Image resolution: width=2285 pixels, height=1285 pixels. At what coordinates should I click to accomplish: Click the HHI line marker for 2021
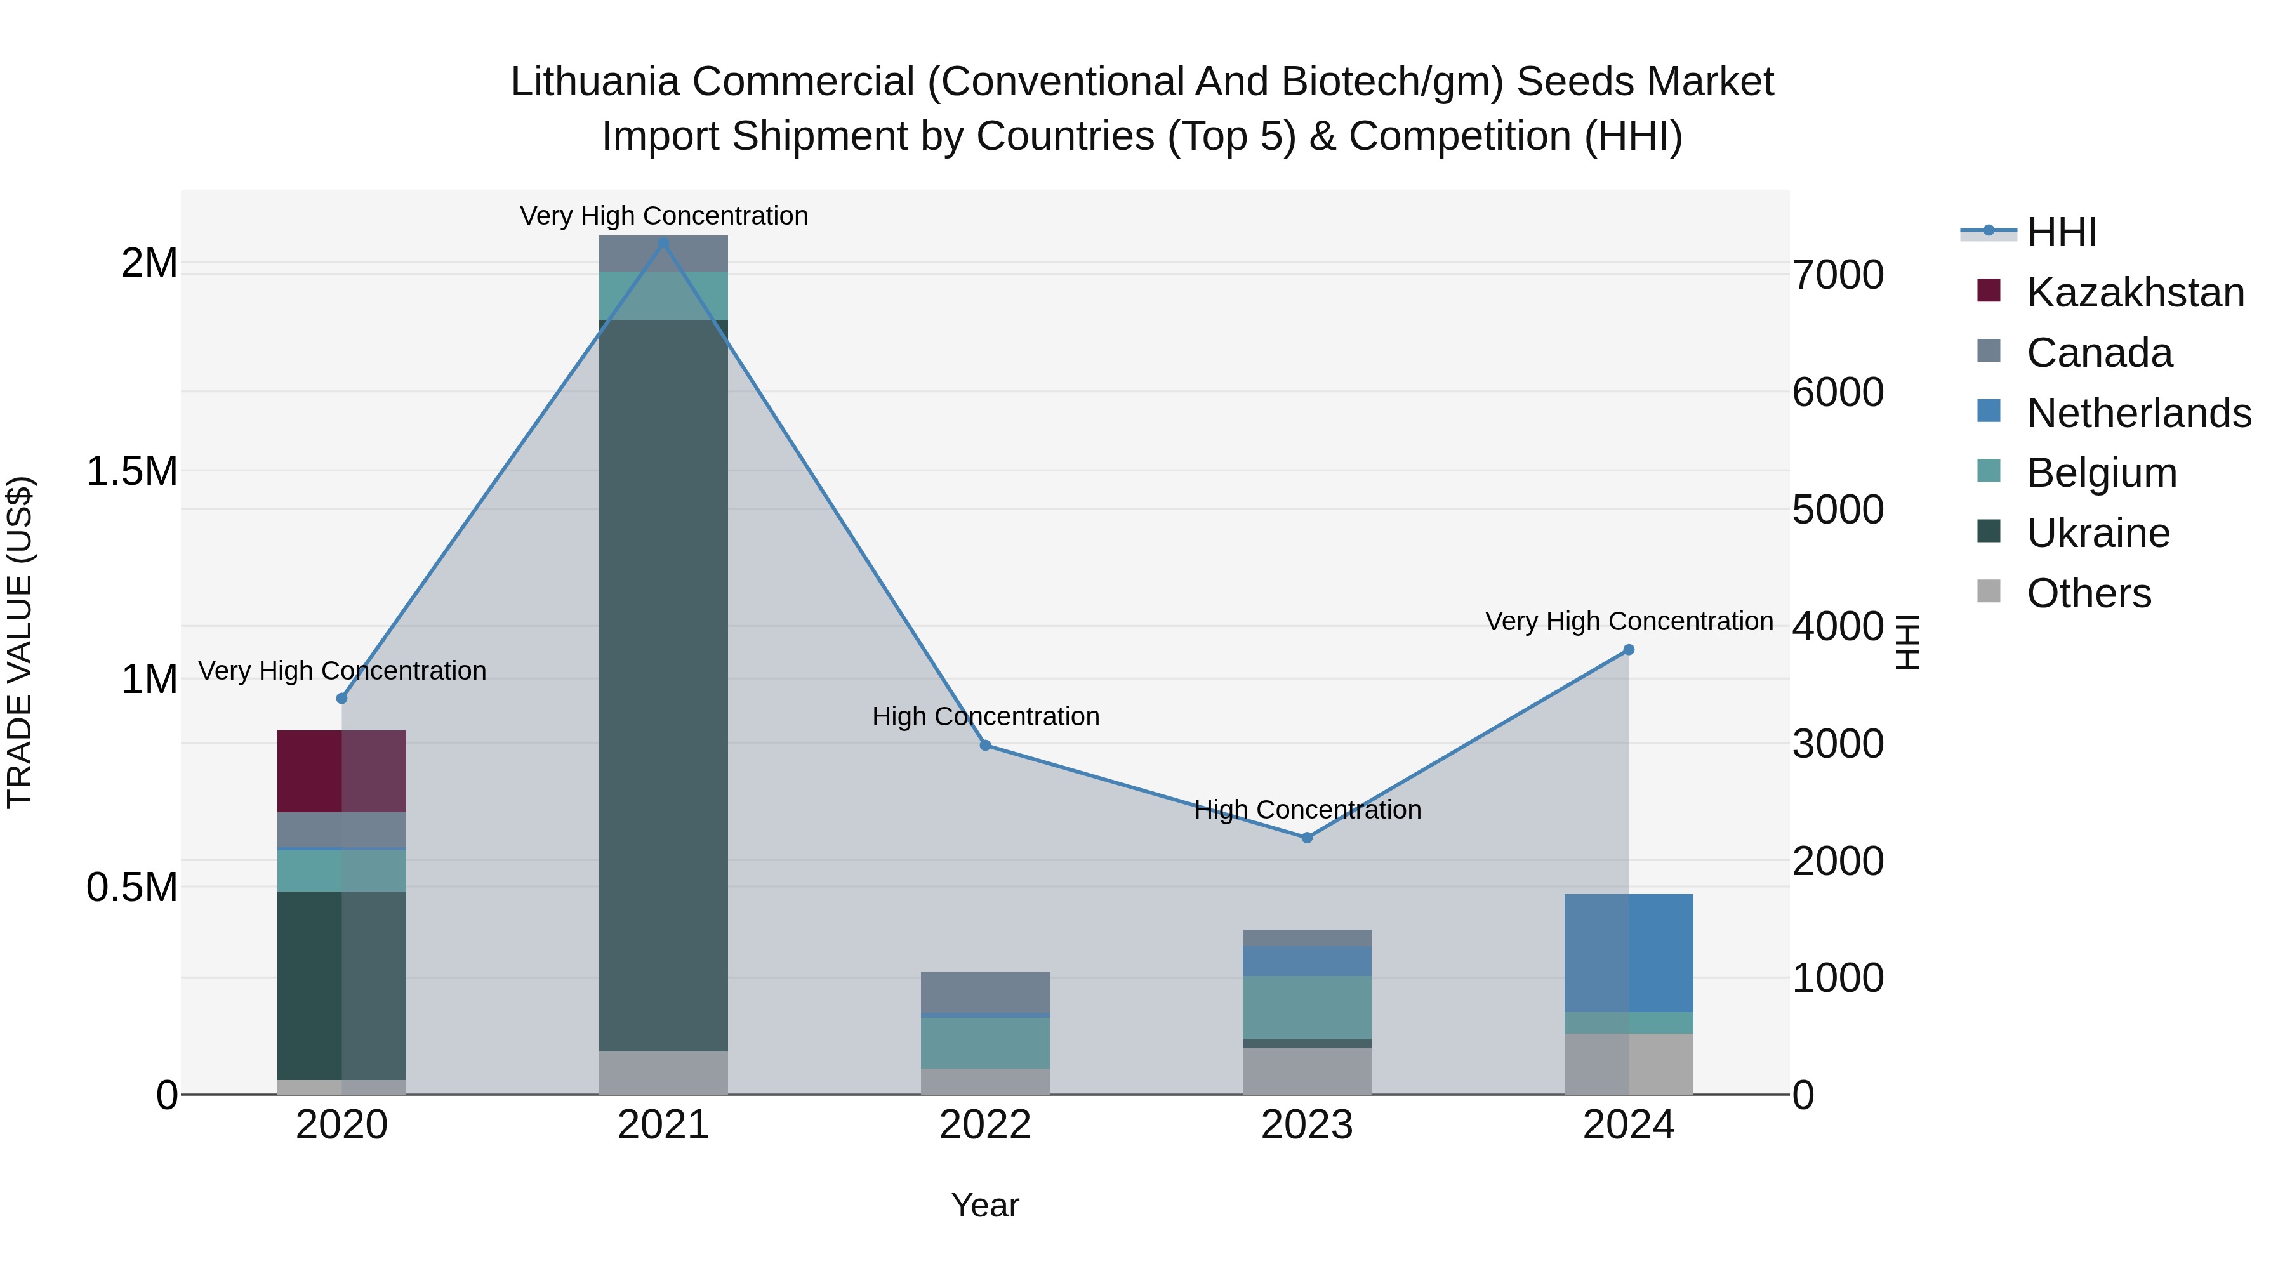pyautogui.click(x=663, y=242)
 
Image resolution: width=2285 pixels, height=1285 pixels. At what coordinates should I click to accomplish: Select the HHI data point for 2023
pyautogui.click(x=1307, y=837)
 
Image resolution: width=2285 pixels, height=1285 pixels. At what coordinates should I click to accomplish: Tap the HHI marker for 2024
pyautogui.click(x=1629, y=650)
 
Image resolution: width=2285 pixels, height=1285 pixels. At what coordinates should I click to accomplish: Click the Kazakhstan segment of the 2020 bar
pyautogui.click(x=341, y=770)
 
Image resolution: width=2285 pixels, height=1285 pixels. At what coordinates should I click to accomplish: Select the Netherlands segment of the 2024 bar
pyautogui.click(x=1629, y=952)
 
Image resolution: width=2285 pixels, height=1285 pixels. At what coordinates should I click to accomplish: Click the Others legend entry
pyautogui.click(x=2088, y=593)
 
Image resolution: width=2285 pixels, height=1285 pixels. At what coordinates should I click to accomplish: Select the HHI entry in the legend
pyautogui.click(x=2062, y=232)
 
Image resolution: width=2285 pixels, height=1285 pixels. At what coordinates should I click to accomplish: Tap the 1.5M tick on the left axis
pyautogui.click(x=132, y=471)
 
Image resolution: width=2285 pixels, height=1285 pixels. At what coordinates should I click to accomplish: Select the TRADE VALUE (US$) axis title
pyautogui.click(x=20, y=642)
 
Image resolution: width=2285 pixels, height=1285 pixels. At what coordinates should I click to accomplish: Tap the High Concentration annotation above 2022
pyautogui.click(x=986, y=716)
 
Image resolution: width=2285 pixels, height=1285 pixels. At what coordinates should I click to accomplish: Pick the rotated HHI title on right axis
pyautogui.click(x=1907, y=642)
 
